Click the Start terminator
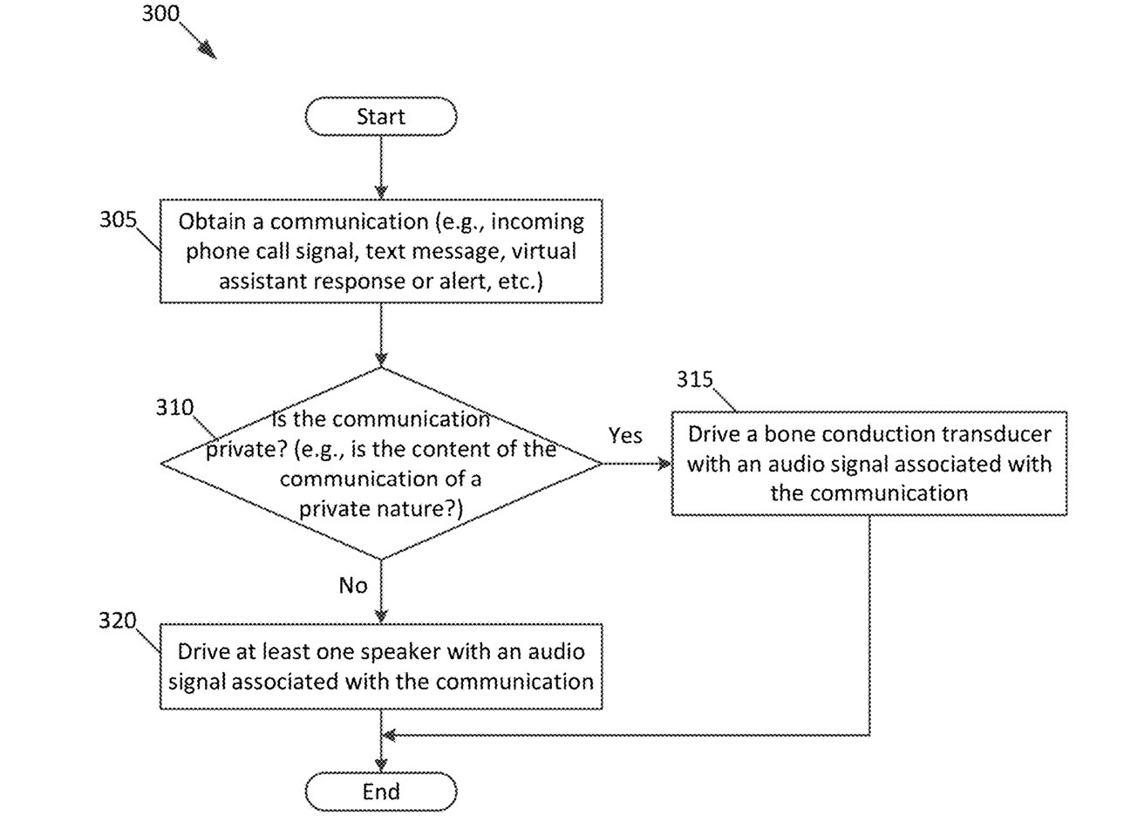coord(381,117)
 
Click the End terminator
coord(381,791)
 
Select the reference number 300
coord(160,14)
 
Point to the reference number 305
coord(118,219)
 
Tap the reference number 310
coord(175,407)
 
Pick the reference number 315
coord(695,379)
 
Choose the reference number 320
coord(118,620)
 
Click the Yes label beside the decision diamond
coord(625,435)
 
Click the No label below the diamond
coord(353,585)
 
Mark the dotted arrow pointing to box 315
coord(637,464)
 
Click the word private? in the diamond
coord(248,449)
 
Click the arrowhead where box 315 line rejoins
coord(390,736)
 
